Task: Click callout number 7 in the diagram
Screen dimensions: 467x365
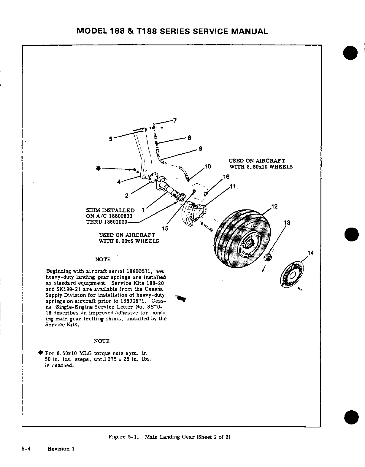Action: [175, 120]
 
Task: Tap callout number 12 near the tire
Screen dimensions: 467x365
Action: [274, 207]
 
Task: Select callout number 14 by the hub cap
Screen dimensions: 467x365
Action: [311, 253]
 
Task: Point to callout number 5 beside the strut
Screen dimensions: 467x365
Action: [111, 138]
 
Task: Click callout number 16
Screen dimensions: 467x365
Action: [226, 177]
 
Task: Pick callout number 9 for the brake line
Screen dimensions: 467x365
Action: [200, 149]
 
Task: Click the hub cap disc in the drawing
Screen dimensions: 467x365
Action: [292, 275]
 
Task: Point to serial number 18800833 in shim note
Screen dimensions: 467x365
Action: [120, 216]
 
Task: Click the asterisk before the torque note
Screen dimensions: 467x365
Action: [39, 353]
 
